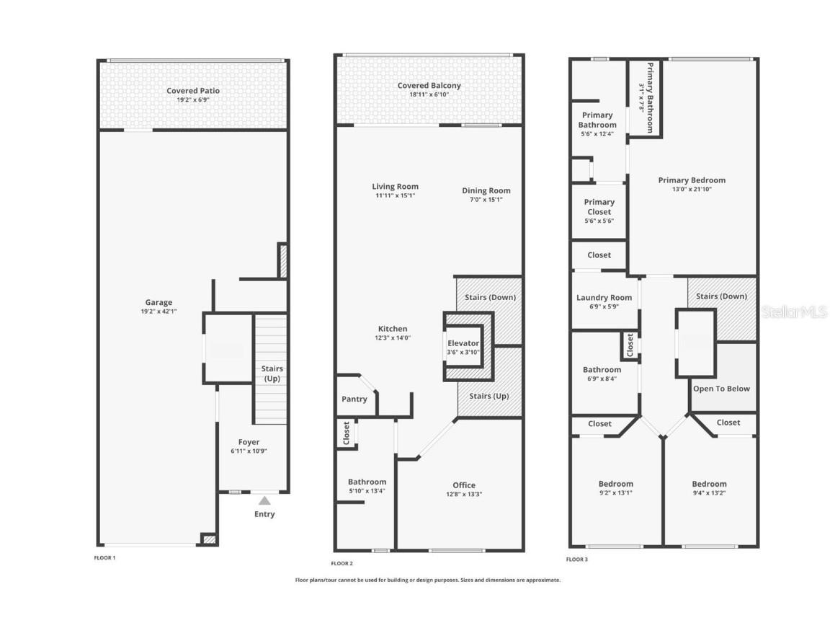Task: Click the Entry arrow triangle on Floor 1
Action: [264, 500]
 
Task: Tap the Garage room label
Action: [159, 303]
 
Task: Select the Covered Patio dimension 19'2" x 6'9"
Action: [193, 100]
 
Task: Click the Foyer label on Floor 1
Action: [249, 442]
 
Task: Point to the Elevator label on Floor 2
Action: [463, 343]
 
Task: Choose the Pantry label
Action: [354, 399]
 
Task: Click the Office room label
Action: [464, 485]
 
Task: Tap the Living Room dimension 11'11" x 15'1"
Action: [395, 195]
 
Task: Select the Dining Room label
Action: [486, 190]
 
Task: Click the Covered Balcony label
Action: [429, 86]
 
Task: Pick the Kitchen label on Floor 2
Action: [393, 329]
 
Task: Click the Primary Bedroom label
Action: [692, 180]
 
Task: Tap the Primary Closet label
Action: [599, 207]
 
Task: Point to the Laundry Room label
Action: [604, 298]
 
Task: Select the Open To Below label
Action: [721, 389]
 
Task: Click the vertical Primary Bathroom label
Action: [649, 97]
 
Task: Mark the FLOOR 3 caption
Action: [577, 559]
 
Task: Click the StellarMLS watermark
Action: [795, 312]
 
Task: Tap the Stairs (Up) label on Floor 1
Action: [272, 374]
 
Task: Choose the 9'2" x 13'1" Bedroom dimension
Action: [616, 493]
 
